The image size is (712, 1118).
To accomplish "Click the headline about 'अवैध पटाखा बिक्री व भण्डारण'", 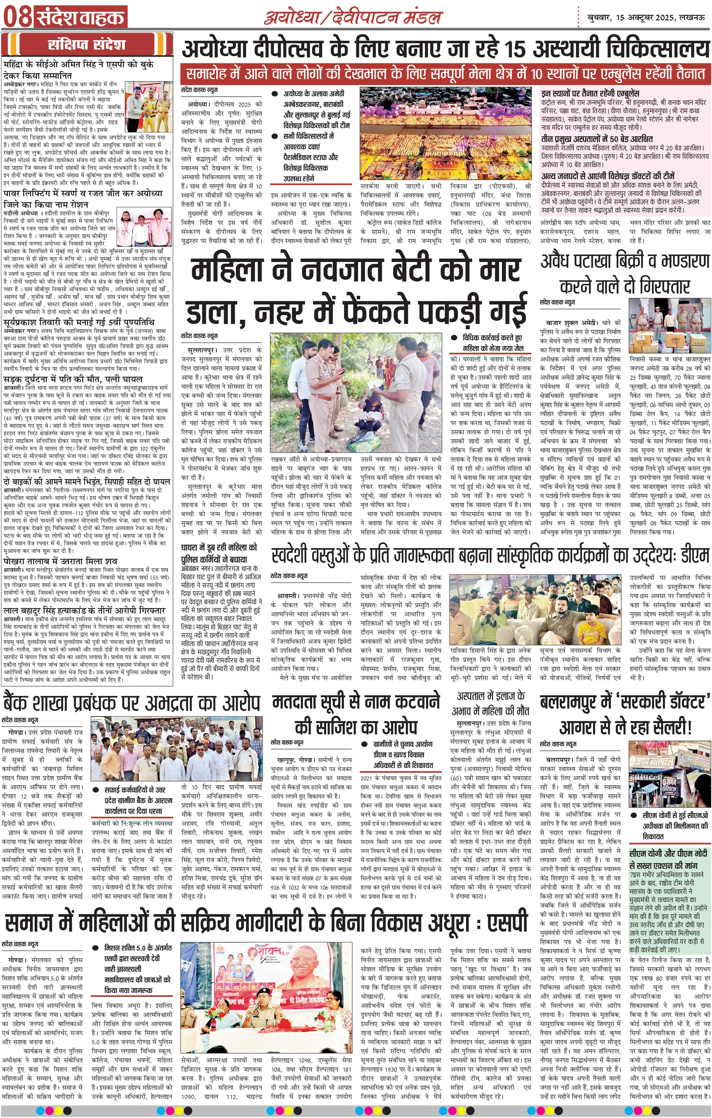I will point(625,273).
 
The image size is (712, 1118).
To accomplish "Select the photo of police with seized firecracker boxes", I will point(669,325).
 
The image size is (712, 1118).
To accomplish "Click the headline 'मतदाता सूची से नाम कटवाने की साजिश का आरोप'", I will point(356,713).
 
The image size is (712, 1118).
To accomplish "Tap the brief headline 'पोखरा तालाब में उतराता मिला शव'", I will point(60,561).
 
